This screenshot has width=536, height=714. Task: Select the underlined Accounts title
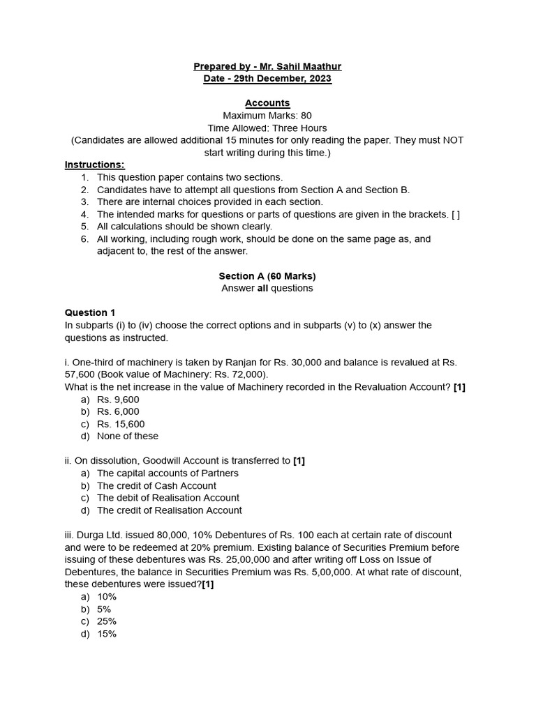(x=267, y=103)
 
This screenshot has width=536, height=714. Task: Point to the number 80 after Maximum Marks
(x=306, y=116)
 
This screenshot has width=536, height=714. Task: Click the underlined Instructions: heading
(x=94, y=165)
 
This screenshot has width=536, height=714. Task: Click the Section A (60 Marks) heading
(x=267, y=276)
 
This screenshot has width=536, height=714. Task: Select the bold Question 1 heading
(x=90, y=313)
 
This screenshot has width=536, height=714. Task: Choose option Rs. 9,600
(x=118, y=400)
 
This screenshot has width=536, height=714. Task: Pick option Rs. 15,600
(x=121, y=424)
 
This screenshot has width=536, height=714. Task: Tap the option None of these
(x=128, y=436)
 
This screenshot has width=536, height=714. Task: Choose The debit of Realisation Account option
(x=167, y=498)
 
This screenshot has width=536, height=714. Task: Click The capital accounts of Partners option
(x=167, y=473)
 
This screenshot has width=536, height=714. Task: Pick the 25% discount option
(x=107, y=621)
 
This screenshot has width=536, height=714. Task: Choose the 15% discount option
(x=107, y=634)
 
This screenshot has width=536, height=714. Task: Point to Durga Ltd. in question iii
(x=94, y=535)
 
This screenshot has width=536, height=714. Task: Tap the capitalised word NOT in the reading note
(x=452, y=140)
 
